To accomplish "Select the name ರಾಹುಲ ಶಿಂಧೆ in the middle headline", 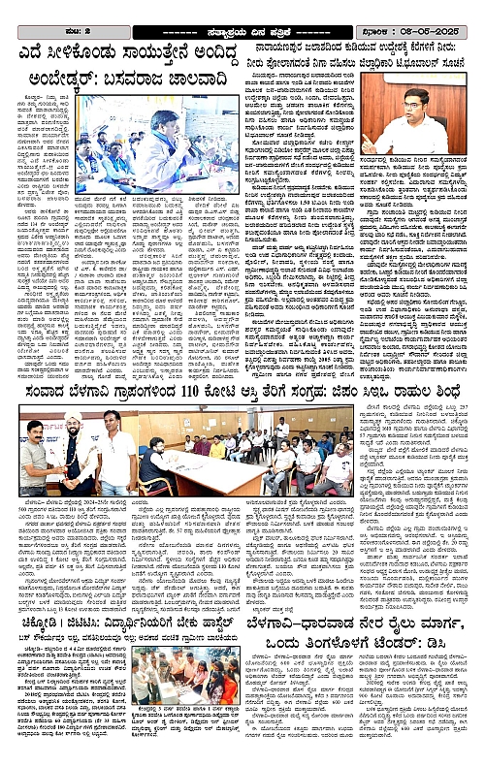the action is point(427,391).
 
